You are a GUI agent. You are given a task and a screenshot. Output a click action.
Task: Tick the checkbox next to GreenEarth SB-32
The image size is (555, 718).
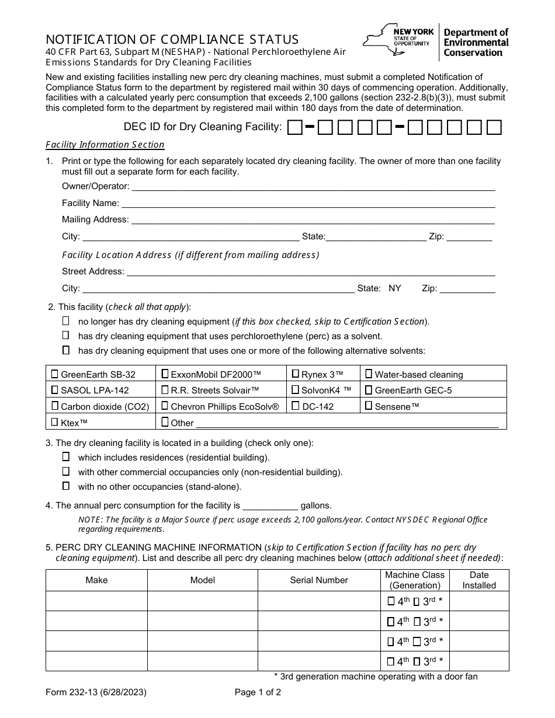point(55,374)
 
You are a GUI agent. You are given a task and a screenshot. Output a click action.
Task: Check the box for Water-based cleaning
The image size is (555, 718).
point(369,374)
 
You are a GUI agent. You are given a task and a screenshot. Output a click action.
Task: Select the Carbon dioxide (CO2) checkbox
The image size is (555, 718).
point(55,406)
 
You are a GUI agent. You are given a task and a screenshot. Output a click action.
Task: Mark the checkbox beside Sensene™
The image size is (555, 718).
point(369,406)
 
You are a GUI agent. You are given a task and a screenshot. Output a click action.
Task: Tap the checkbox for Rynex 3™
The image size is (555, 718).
point(296,374)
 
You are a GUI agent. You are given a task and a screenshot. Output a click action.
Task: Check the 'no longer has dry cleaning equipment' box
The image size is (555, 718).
point(66,321)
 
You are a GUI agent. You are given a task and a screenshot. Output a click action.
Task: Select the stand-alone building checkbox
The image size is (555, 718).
point(66,486)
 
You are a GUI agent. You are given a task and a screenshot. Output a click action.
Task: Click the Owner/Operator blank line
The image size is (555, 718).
point(313,187)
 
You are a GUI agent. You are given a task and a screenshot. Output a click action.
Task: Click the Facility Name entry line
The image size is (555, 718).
point(308,204)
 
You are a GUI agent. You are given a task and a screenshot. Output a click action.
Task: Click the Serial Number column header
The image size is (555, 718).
point(318,580)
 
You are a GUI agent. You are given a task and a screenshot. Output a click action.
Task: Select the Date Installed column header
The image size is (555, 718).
point(478,580)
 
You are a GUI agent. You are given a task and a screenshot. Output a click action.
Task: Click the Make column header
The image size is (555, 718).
point(96,580)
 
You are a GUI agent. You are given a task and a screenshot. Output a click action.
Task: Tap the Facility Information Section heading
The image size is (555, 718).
point(105,145)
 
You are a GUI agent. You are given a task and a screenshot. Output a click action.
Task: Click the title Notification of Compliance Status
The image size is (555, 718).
point(172,40)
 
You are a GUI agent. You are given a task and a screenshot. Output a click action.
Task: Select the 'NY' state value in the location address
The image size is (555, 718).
point(395,288)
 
